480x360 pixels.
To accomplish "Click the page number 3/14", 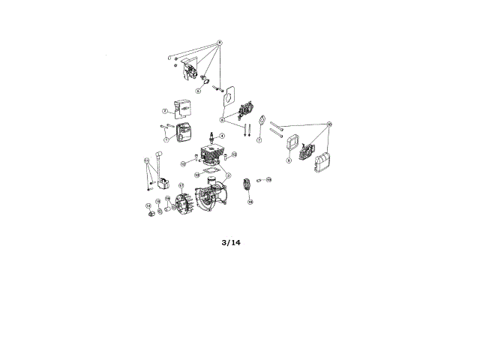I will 231,242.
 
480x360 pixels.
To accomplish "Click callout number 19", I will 268,180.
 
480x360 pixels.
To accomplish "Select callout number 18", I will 250,202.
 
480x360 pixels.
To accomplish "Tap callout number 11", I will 146,160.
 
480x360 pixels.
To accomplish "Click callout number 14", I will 148,205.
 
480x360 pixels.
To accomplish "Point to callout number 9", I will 288,160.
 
